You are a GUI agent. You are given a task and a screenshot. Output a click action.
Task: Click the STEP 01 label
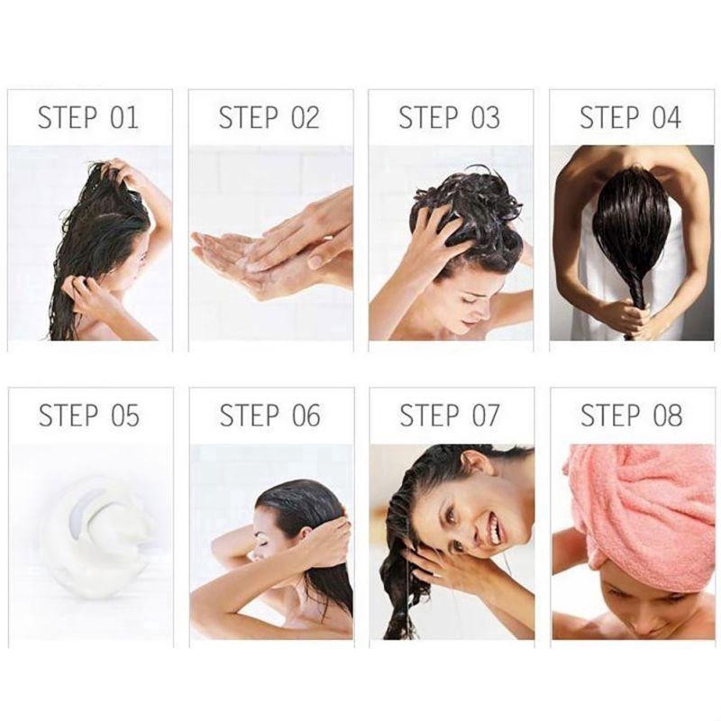pyautogui.click(x=87, y=117)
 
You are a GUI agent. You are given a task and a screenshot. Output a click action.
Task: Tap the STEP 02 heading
pyautogui.click(x=269, y=117)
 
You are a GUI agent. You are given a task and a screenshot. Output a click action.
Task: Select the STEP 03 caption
pyautogui.click(x=449, y=117)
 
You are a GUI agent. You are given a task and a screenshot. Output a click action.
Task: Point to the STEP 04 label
pyautogui.click(x=630, y=117)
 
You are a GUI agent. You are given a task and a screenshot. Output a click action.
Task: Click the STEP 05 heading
pyautogui.click(x=88, y=415)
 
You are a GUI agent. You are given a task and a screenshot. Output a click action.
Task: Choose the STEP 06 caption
pyautogui.click(x=269, y=415)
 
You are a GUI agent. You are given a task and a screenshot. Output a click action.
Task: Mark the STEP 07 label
pyautogui.click(x=449, y=415)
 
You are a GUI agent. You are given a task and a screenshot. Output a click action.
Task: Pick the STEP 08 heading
pyautogui.click(x=632, y=415)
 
